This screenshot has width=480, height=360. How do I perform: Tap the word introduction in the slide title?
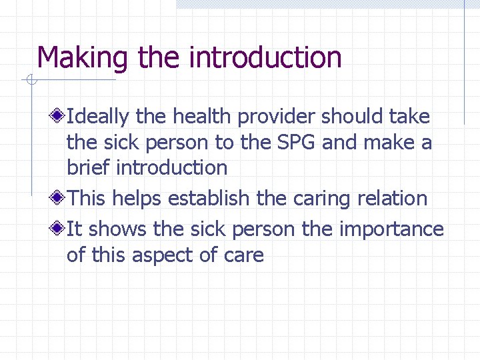click(265, 57)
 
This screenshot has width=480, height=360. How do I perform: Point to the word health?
click(203, 117)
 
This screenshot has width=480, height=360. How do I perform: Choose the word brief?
click(89, 167)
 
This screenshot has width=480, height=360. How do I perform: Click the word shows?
click(118, 229)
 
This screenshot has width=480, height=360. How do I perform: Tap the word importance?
click(391, 229)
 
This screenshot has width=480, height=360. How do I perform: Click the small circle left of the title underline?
click(31, 81)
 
